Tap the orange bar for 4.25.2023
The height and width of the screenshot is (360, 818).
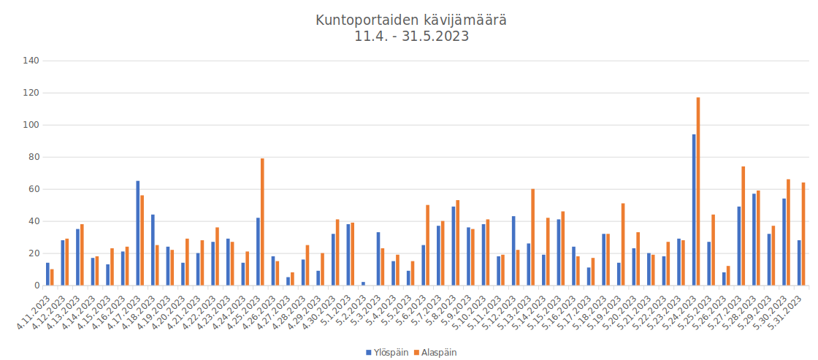point(262,222)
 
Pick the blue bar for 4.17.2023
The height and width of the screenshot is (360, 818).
point(138,233)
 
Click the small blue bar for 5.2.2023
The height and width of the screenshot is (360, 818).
point(363,283)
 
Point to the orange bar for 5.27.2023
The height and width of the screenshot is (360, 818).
point(744,226)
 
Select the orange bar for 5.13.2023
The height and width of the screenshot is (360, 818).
point(533,237)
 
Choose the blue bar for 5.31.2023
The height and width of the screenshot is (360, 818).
point(799,263)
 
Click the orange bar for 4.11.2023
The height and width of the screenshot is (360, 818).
point(52,277)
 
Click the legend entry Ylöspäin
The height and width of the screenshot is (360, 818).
point(387,352)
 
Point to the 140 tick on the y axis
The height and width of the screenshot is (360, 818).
point(30,61)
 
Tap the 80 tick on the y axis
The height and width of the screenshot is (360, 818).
point(33,157)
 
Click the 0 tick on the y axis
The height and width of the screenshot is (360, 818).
point(36,286)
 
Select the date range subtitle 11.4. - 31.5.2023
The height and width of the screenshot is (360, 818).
point(411,37)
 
